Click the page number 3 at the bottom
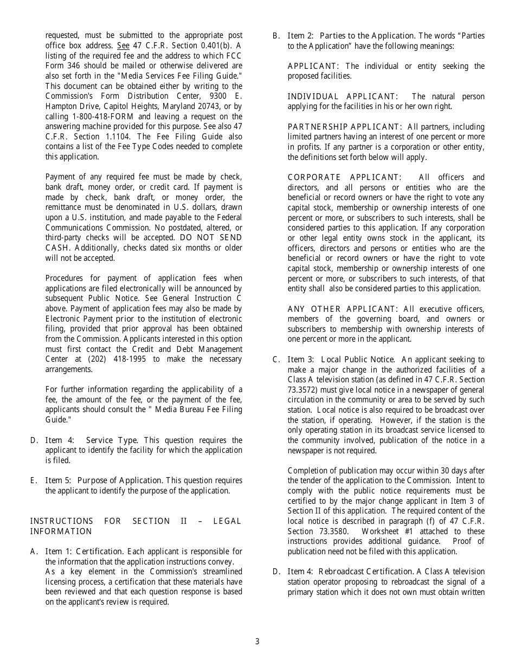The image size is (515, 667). click(257, 642)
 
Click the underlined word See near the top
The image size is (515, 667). click(123, 46)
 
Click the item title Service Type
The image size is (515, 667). click(112, 440)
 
